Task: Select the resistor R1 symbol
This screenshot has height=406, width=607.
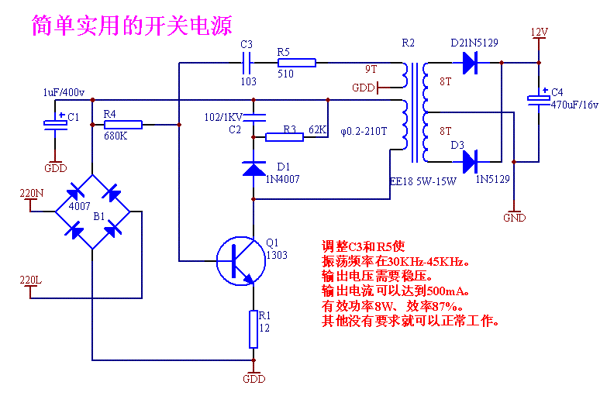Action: tap(253, 329)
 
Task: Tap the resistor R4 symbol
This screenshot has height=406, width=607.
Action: tap(122, 124)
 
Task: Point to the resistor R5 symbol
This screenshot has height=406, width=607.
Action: tap(296, 63)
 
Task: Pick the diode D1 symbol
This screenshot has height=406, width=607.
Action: tap(253, 168)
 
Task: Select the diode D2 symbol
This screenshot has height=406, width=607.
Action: tap(469, 63)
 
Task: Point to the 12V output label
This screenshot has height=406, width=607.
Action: tap(540, 33)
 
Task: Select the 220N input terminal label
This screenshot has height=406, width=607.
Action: tap(32, 192)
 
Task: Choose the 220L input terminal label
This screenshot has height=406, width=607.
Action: tap(30, 280)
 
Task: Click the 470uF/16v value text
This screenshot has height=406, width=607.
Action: tap(575, 104)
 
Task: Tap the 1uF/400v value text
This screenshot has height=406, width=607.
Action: tap(64, 92)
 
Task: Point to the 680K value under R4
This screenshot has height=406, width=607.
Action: tap(116, 136)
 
